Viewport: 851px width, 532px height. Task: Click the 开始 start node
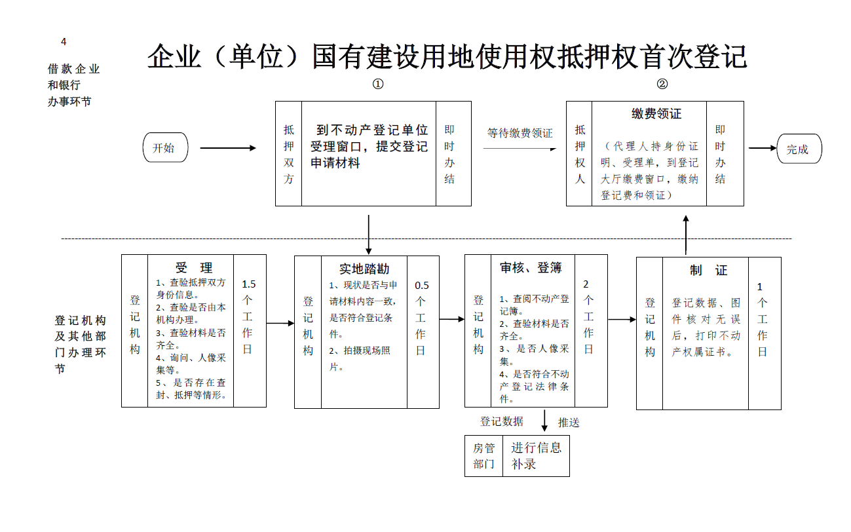point(165,147)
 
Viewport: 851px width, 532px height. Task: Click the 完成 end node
point(799,149)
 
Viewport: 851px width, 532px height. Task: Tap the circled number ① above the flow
point(377,84)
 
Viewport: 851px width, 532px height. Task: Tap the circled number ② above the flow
point(662,84)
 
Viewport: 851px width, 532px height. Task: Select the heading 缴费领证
point(656,113)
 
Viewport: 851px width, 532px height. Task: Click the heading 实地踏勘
point(364,269)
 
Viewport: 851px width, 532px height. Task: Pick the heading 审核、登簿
point(531,268)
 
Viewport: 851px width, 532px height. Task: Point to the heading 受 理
point(194,268)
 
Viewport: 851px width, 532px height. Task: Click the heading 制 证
point(708,270)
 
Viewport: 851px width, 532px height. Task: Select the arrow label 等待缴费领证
point(520,133)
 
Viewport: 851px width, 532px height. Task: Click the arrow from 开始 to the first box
point(228,148)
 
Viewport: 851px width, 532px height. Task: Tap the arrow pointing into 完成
point(763,148)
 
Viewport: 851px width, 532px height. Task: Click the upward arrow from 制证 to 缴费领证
point(686,235)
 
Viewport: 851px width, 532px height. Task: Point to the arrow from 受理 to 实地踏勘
point(280,324)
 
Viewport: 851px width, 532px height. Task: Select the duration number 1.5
point(249,284)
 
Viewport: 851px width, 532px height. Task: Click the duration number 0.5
point(422,286)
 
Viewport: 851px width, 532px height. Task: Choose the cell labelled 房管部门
point(483,456)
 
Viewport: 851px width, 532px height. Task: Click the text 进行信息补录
point(536,456)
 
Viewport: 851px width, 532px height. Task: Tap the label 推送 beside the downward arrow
point(569,423)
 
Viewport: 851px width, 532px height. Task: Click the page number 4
point(64,42)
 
